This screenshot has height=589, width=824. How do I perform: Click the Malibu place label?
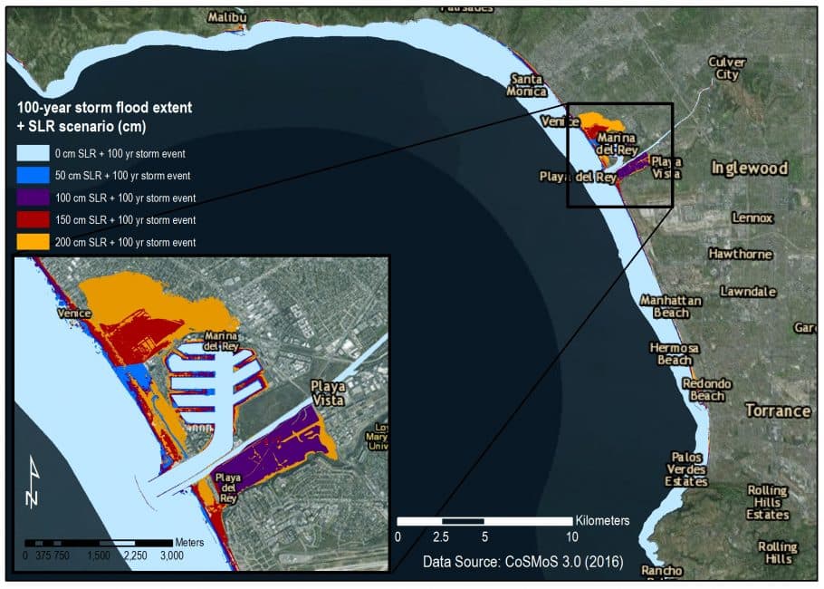click(x=227, y=17)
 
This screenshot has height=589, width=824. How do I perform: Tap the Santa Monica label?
click(x=528, y=85)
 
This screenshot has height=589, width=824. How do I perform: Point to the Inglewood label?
click(x=749, y=169)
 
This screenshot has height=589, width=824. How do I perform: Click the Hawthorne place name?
click(x=740, y=254)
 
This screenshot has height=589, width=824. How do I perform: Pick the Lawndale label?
click(x=748, y=292)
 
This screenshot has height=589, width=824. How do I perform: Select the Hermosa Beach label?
click(x=674, y=354)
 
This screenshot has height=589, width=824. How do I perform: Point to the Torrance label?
click(x=777, y=410)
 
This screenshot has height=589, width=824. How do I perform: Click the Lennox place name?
click(x=752, y=218)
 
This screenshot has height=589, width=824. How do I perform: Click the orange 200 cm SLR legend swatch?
click(x=33, y=242)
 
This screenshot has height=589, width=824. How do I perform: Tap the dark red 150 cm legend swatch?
click(x=33, y=219)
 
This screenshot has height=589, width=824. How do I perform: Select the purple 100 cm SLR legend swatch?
click(x=33, y=198)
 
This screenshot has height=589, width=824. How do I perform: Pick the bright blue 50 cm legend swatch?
click(x=33, y=175)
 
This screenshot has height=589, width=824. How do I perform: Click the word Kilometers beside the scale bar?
click(x=602, y=521)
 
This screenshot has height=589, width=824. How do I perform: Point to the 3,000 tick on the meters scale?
click(x=170, y=555)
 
